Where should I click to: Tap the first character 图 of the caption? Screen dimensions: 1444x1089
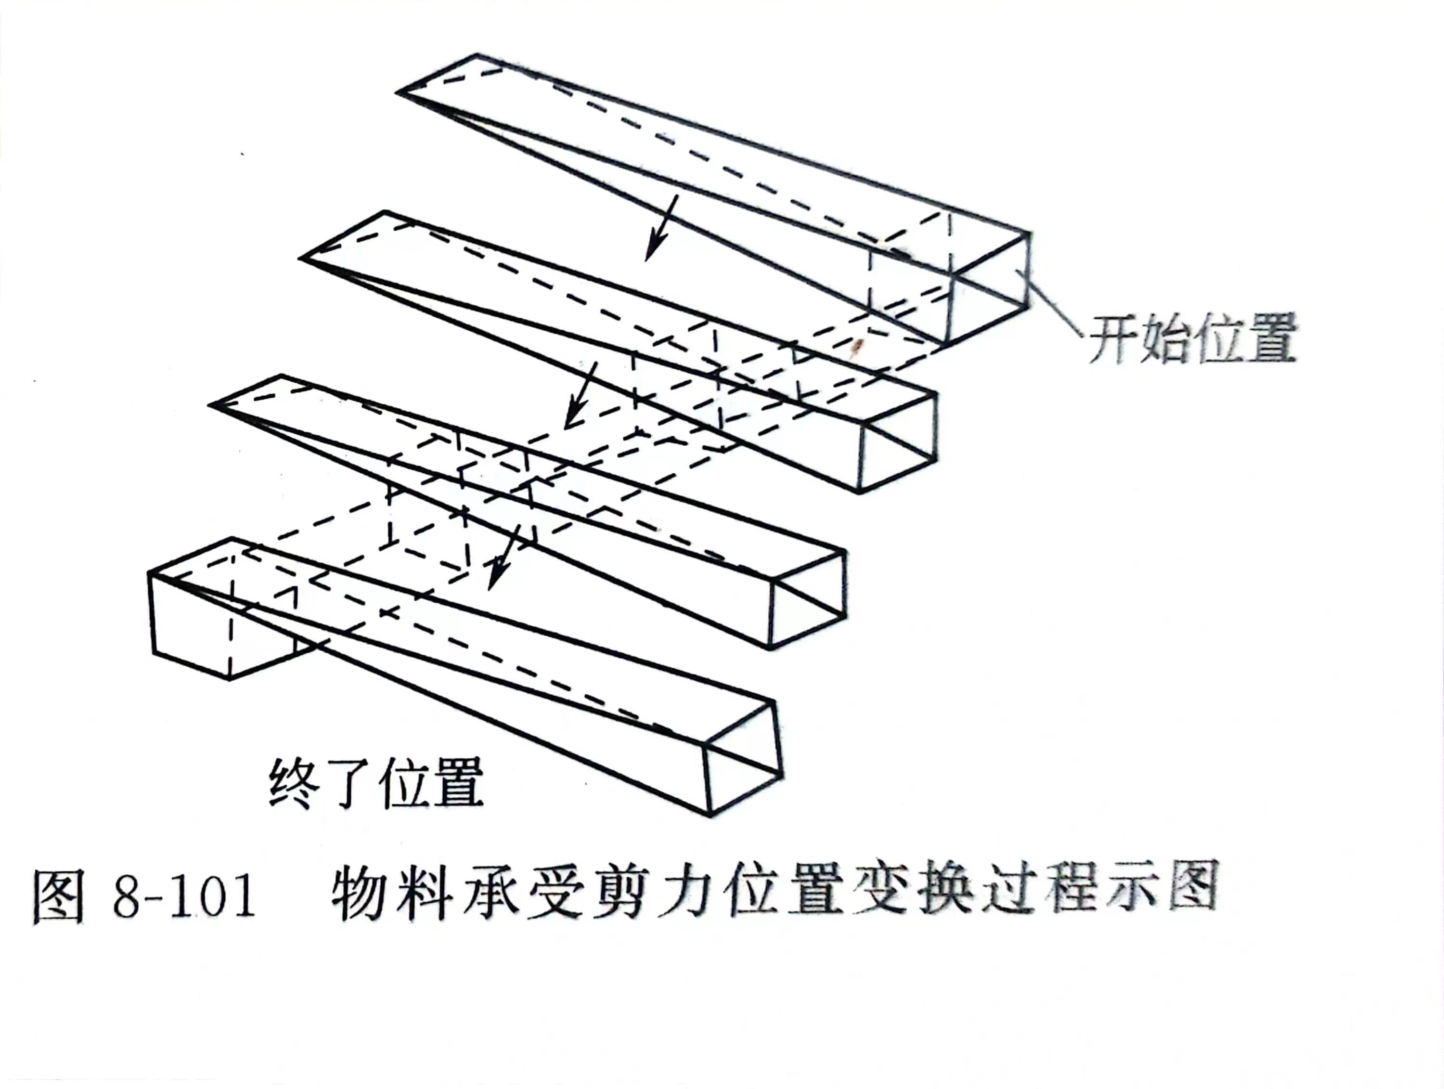point(59,896)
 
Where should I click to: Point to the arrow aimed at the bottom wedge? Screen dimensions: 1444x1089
point(504,557)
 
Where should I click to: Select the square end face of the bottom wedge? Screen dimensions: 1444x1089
point(743,758)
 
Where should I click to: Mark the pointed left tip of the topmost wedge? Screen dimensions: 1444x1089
point(398,92)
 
